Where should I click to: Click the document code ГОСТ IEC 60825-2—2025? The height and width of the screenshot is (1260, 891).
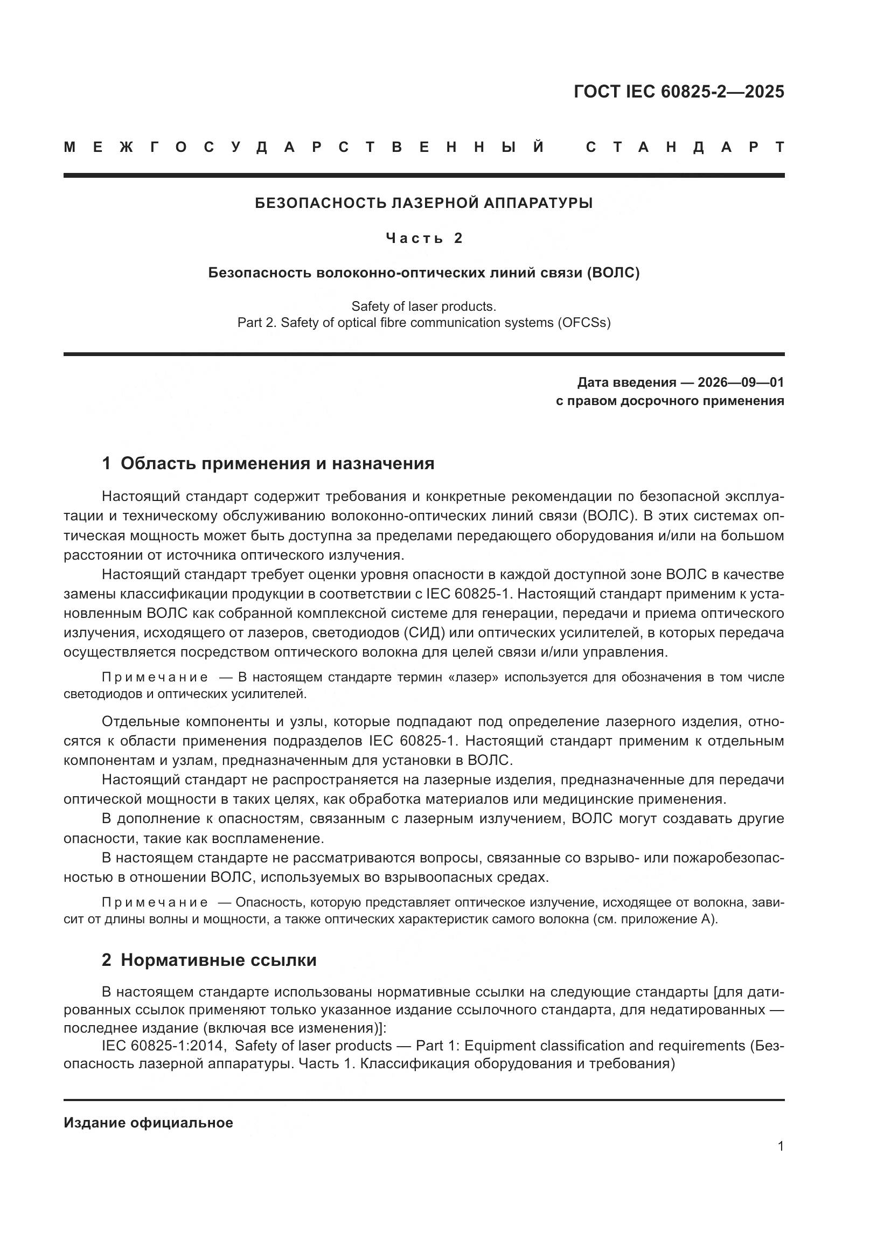point(679,92)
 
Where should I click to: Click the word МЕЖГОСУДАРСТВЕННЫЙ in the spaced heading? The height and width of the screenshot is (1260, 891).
point(304,148)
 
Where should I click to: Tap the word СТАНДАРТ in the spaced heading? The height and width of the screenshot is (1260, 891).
point(685,148)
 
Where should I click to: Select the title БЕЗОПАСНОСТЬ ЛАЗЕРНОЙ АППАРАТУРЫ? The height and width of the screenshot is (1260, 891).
point(423,204)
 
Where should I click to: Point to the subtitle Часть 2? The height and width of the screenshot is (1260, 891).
point(423,238)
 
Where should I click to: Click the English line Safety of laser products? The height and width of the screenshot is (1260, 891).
point(423,306)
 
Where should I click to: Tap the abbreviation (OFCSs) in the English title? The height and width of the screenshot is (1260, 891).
point(584,323)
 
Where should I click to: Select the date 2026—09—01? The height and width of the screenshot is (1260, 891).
point(741,382)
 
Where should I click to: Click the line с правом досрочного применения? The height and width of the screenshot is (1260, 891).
point(670,401)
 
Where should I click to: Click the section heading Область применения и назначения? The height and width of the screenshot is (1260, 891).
point(277,464)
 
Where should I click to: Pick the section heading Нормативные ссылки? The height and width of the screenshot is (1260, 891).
point(218,960)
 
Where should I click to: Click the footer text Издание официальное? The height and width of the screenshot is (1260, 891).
point(148,1123)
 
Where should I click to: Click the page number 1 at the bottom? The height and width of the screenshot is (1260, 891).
point(780,1146)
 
